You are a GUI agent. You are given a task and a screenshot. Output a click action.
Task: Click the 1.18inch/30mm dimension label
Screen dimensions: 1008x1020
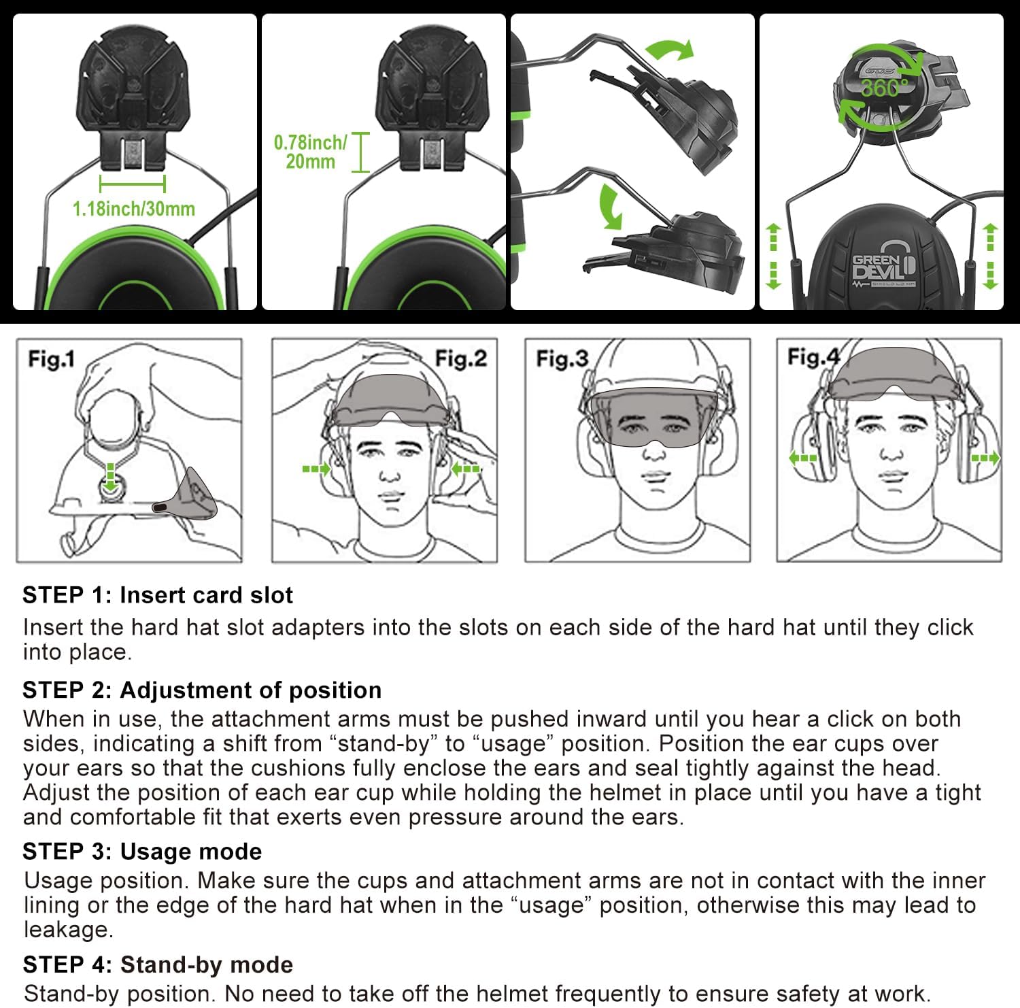pos(134,209)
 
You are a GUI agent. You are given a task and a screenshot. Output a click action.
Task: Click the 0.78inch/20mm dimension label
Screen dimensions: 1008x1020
pos(310,152)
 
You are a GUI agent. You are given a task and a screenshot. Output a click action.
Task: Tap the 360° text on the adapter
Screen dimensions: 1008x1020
pos(884,88)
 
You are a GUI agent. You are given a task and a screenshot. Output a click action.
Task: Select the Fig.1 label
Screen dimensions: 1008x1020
pos(51,358)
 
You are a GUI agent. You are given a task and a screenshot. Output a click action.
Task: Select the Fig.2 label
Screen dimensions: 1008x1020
pos(461,358)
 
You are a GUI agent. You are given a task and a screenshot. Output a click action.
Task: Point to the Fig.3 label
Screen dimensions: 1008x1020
pos(562,358)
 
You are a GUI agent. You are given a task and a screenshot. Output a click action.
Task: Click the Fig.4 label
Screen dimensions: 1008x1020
pos(813,356)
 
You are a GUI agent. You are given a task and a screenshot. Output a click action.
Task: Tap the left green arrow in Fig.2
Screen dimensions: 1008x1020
pos(316,469)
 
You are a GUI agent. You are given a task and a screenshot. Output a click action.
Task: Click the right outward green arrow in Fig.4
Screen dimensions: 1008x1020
pos(985,458)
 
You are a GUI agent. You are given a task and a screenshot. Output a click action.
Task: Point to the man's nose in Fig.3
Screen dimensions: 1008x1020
pos(654,450)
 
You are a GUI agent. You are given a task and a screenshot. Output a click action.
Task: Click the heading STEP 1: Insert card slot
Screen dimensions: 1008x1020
pos(157,595)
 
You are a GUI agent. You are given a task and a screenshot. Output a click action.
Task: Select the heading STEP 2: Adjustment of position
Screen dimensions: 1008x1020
pos(201,690)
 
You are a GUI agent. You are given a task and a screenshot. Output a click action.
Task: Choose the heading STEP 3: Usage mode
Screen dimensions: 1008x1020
pos(142,851)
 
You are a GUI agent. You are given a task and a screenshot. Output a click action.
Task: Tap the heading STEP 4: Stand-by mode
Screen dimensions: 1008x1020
pos(158,964)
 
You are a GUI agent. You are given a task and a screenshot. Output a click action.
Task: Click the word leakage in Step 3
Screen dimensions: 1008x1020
pos(67,929)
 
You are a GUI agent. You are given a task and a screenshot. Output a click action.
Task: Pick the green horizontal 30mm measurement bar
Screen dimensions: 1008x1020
pos(132,184)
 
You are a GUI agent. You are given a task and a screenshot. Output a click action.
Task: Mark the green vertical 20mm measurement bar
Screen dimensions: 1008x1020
pos(360,152)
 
